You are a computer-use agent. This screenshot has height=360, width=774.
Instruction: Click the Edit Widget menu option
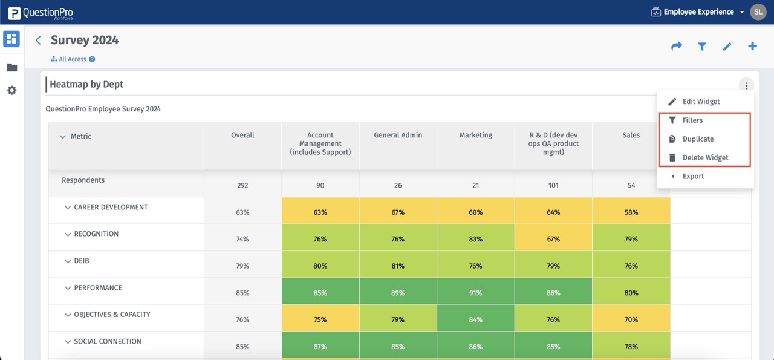[700, 102]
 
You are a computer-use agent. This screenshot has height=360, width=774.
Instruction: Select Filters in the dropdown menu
[692, 120]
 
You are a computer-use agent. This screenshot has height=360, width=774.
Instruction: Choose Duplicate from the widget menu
[698, 139]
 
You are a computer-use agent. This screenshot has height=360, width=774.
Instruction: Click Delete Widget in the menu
[705, 158]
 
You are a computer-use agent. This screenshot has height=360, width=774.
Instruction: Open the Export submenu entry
[693, 177]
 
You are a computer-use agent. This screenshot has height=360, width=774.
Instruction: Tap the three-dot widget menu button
[747, 86]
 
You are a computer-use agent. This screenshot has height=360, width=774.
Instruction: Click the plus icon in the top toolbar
[752, 47]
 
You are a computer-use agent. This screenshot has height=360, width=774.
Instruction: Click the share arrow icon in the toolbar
[677, 47]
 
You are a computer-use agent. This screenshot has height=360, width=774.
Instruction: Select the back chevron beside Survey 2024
[38, 41]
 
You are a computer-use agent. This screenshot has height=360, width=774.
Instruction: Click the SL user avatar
[758, 12]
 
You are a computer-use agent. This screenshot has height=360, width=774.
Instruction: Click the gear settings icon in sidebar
[11, 90]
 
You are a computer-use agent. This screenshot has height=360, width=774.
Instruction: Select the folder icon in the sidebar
[11, 67]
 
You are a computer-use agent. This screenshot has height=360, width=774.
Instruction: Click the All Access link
[73, 59]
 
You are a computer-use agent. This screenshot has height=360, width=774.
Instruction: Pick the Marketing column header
[475, 136]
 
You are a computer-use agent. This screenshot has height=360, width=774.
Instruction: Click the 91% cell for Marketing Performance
[475, 293]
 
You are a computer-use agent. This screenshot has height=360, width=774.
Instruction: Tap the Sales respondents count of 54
[631, 186]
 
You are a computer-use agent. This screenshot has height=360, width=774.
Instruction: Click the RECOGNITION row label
[96, 234]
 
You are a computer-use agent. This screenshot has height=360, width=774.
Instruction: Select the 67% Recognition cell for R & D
[553, 239]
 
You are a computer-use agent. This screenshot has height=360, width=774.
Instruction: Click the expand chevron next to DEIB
[68, 261]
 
